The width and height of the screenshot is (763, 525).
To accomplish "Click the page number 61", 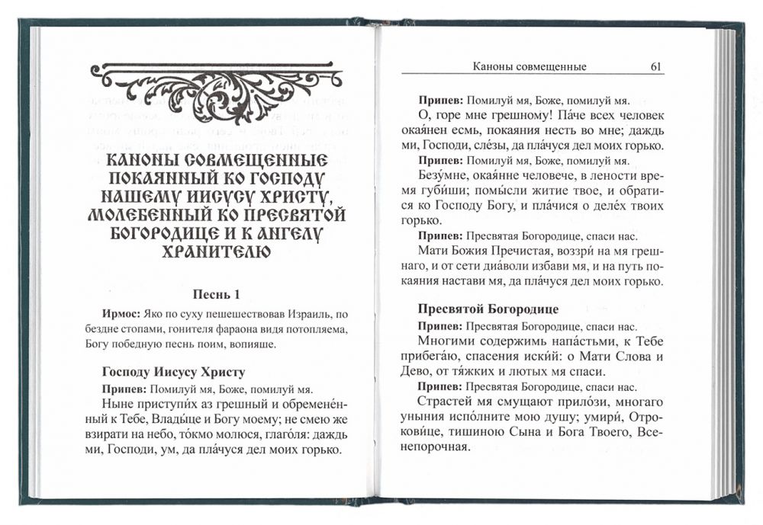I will [x=655, y=67].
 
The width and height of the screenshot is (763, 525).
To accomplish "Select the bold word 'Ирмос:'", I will [x=120, y=314].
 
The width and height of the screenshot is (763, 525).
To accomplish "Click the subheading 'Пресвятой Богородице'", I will [x=488, y=309].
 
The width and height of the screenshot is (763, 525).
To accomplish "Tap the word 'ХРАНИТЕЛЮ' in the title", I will [x=217, y=250].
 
